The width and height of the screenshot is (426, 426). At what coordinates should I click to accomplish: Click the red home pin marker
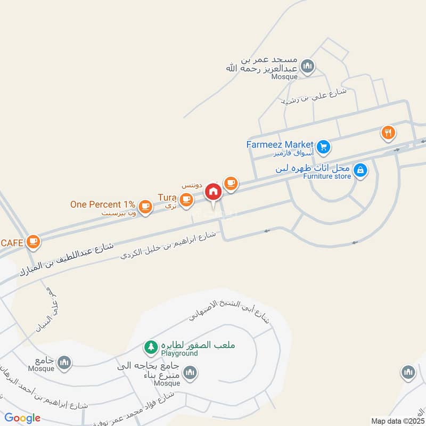click(x=213, y=192)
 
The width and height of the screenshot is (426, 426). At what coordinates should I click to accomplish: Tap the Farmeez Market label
click(x=280, y=144)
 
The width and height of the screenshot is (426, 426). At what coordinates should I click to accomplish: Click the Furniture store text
click(x=327, y=176)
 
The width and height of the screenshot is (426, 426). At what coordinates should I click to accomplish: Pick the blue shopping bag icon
click(x=361, y=170)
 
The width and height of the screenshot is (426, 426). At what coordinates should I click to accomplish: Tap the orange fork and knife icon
click(x=388, y=133)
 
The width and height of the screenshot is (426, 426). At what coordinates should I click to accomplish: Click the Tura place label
click(x=166, y=198)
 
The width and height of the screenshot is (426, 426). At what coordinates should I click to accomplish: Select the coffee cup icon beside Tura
click(x=185, y=200)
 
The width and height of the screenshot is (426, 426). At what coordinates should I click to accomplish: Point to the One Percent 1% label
click(x=102, y=204)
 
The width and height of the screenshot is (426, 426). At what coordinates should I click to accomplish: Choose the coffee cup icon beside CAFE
click(x=34, y=241)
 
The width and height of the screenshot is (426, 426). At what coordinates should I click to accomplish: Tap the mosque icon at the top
click(x=307, y=67)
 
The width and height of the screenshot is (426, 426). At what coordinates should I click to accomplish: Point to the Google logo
click(x=23, y=418)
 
